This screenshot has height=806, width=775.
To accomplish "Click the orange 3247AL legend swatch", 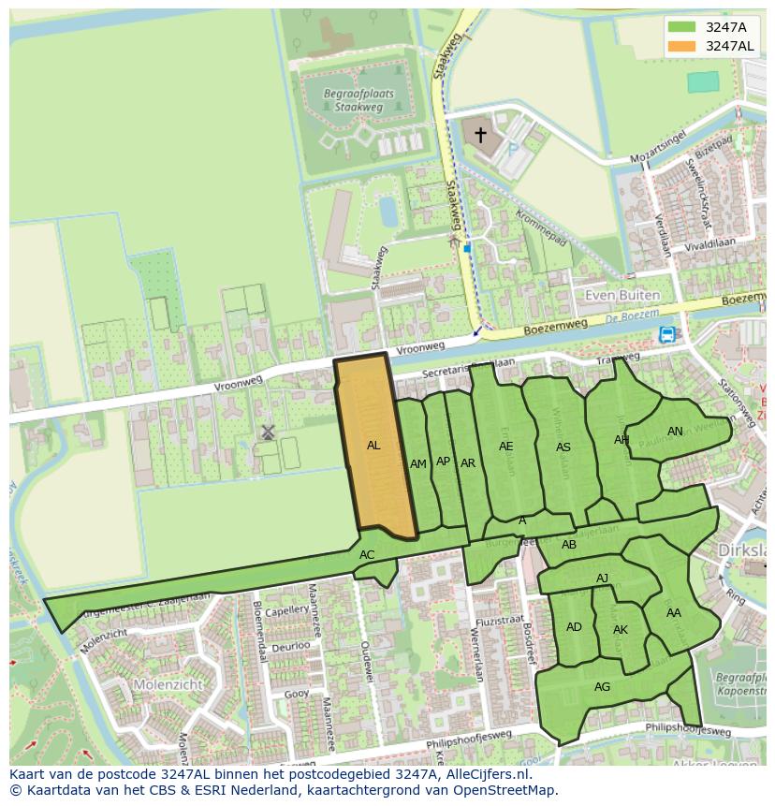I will point(682,46).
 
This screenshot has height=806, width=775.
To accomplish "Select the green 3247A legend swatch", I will point(682,27).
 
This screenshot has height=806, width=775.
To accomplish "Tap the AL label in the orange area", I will point(373,446).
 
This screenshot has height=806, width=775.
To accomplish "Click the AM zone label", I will point(418,464).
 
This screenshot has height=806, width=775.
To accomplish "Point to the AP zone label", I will point(444,461).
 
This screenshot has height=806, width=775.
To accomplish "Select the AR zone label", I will point(468,463).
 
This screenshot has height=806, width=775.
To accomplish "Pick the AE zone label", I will point(506,447).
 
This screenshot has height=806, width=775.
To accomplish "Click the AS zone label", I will point(563,447).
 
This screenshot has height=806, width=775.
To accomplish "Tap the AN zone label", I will point(675,432).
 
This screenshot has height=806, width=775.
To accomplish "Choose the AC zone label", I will point(367,555).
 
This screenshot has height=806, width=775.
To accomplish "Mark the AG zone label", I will point(602,687).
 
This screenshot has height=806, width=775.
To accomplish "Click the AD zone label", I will point(574,627).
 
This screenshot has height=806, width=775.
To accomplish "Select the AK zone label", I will point(621,630).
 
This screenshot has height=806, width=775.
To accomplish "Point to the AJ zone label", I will point(602,579).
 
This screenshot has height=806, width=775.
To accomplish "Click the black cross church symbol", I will point(480,135).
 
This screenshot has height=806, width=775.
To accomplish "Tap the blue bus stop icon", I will point(666,334).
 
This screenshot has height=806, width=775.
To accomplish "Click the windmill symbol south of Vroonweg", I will point(268,432).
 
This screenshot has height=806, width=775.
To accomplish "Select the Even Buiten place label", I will point(621,295).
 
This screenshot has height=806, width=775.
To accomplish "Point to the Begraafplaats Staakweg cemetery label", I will point(360,101).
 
